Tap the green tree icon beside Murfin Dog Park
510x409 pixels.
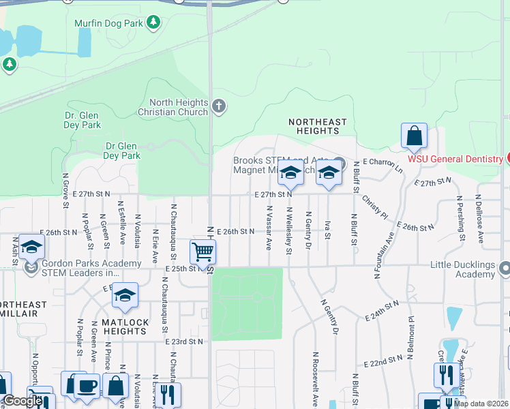tap(154, 22)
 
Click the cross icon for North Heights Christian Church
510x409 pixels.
tap(219, 106)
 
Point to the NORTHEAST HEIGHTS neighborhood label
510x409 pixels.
tap(317, 127)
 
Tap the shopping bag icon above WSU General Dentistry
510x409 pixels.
tap(414, 136)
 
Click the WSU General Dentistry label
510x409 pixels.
tap(455, 159)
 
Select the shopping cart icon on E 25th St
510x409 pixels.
tap(202, 252)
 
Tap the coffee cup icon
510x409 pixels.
tap(87, 385)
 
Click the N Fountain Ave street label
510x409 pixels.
tap(383, 256)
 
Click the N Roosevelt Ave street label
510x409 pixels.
tap(315, 379)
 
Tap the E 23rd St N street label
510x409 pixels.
tap(183, 342)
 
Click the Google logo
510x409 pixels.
tap(22, 401)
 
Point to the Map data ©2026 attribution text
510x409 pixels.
tap(481, 404)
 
